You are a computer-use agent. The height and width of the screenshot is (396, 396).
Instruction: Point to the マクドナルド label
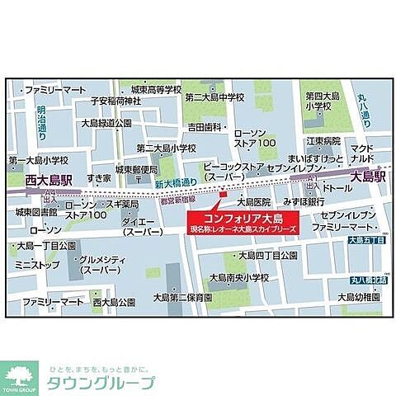365,154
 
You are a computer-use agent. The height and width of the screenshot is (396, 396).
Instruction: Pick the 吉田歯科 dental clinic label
206,126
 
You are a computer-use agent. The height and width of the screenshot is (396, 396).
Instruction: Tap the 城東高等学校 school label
149,87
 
